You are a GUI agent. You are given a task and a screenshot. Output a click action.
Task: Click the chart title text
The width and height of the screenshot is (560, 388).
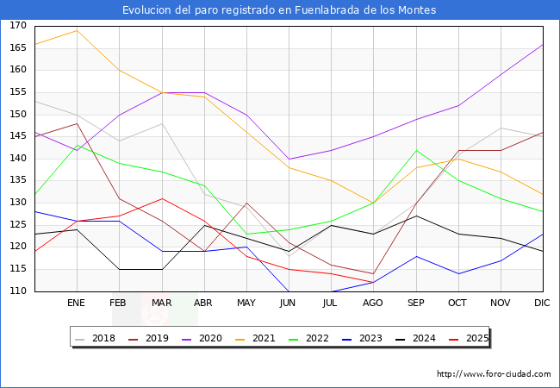(x=279, y=10)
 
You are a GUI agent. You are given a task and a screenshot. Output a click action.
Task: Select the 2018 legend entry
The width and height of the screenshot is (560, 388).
(x=96, y=338)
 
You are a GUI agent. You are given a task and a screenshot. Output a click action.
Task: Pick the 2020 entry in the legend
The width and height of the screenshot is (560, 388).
(x=202, y=338)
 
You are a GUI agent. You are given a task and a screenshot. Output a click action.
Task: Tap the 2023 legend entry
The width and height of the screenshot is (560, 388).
(x=363, y=338)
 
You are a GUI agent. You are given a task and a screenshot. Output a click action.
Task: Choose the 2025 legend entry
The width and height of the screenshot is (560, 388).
(x=469, y=338)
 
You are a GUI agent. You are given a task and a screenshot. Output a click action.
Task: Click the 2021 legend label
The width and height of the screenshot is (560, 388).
(x=264, y=338)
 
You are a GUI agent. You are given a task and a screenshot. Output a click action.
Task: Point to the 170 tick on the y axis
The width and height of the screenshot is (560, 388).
(x=18, y=26)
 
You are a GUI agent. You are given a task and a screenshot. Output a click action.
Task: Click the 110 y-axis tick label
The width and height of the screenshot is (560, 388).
(x=18, y=291)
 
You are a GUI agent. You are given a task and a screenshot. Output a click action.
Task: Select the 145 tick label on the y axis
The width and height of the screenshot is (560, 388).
(x=18, y=136)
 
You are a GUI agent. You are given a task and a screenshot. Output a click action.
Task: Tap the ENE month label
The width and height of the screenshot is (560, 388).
(x=76, y=303)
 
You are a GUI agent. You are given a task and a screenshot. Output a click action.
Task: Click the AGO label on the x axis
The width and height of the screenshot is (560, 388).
(x=373, y=303)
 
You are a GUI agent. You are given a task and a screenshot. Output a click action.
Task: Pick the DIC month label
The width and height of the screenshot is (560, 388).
(x=542, y=303)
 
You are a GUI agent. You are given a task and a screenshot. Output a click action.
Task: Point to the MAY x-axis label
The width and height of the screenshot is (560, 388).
(x=246, y=303)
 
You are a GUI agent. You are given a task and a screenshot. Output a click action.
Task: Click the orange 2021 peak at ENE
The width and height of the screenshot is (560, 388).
(x=78, y=30)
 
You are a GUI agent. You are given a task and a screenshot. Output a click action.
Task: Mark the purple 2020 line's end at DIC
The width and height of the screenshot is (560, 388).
(x=543, y=45)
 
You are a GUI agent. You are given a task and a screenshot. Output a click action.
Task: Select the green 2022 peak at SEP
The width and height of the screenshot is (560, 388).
(x=416, y=150)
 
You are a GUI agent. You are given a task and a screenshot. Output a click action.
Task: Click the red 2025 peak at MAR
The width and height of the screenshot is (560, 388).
(x=162, y=198)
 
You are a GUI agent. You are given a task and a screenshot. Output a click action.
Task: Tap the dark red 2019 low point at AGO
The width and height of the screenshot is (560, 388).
(x=374, y=273)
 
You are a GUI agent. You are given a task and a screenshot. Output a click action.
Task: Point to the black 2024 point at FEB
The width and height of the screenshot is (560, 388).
(x=119, y=269)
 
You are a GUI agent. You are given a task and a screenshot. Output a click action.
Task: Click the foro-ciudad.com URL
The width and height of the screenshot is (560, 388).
(x=494, y=373)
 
